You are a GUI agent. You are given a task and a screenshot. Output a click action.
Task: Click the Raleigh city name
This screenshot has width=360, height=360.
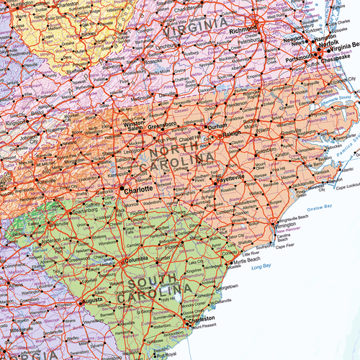click(236, 133)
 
